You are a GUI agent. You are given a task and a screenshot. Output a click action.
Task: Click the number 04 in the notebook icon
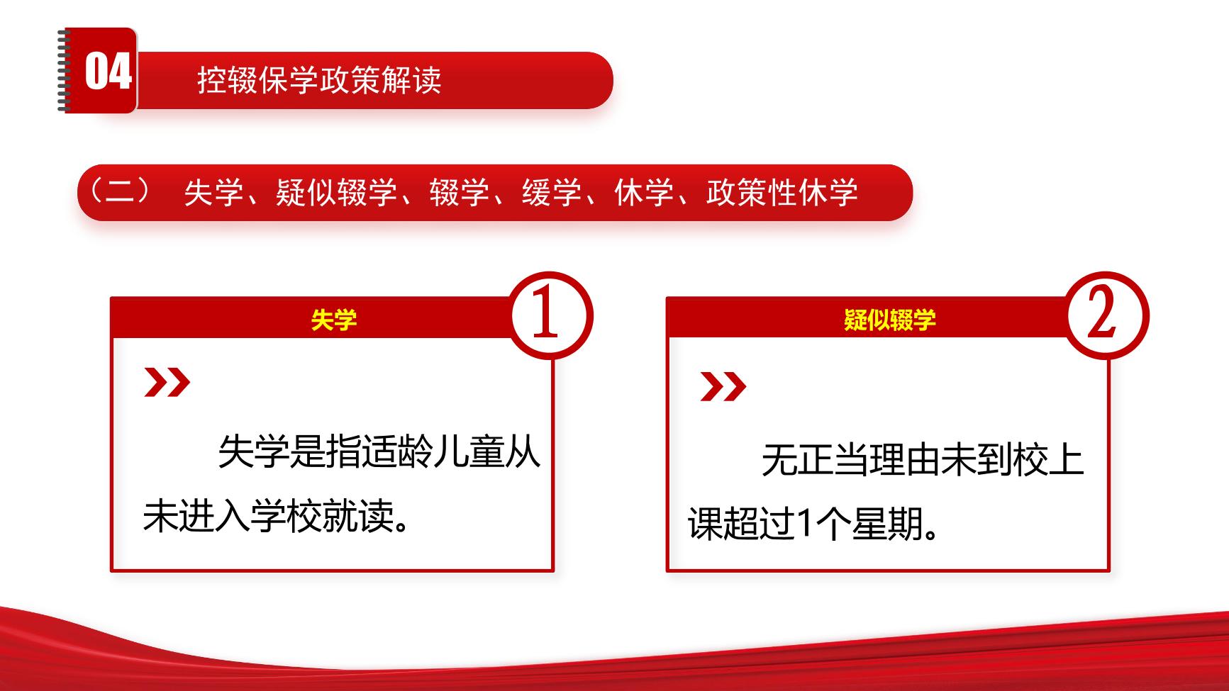point(108,72)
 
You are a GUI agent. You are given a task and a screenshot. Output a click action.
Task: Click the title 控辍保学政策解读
point(319,80)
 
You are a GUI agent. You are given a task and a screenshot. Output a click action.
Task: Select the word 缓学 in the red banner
point(552,193)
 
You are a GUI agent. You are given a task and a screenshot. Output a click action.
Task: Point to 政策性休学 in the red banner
point(782,193)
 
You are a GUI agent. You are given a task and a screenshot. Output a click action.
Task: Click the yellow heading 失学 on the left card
point(333,320)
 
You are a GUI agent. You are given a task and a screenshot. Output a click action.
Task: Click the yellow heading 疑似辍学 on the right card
point(889,320)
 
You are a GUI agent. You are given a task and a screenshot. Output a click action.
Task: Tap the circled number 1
point(545,313)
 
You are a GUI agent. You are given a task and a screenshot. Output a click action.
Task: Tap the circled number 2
point(1101,313)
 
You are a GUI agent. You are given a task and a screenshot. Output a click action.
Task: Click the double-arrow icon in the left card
point(167,383)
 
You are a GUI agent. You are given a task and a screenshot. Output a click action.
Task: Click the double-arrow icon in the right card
point(723,386)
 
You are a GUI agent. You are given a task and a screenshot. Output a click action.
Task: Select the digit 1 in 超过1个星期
point(804,524)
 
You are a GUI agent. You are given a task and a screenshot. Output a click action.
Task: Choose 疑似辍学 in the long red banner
point(335,193)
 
